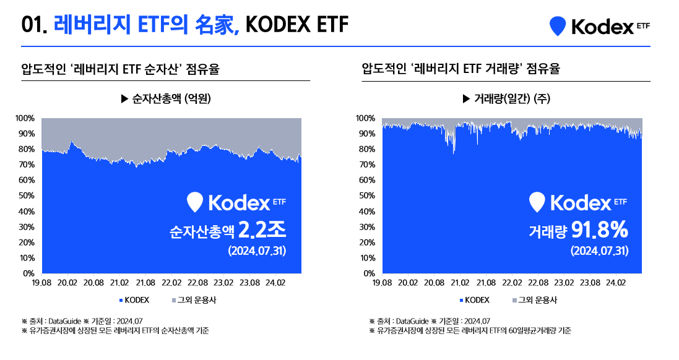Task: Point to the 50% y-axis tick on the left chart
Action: coord(25,195)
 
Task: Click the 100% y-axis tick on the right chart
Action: coord(365,118)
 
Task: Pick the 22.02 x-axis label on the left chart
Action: coord(171,283)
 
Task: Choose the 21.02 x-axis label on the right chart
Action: coord(459,283)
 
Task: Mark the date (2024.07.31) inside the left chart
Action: coord(256,251)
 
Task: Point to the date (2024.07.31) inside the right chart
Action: coord(599,251)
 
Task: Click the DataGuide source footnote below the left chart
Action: coord(82,321)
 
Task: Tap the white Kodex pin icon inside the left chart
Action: coord(196,202)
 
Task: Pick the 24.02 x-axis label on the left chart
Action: coord(275,283)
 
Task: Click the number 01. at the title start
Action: coord(35,25)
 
